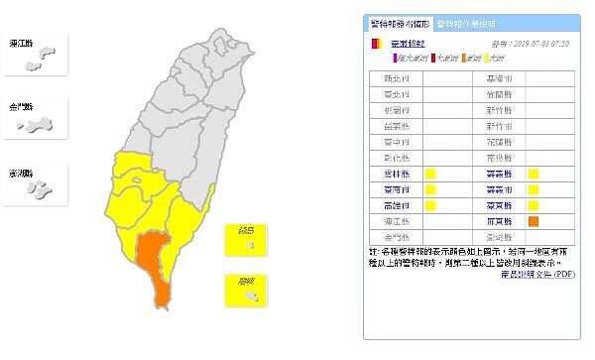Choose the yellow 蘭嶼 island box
[243, 289]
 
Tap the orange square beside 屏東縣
[534, 221]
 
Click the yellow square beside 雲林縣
[430, 175]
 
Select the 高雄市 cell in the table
[394, 205]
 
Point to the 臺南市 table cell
[394, 189]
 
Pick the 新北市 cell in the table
[394, 77]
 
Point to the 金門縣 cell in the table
[394, 237]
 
